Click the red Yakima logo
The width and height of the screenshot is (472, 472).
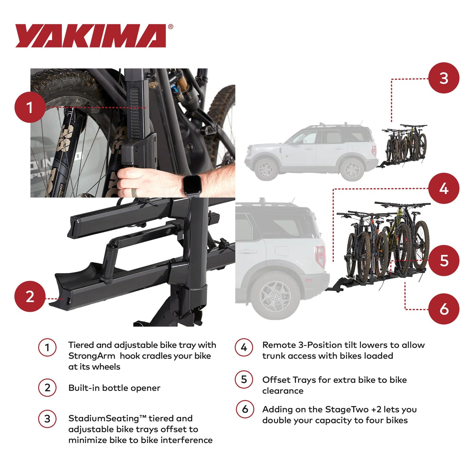[x=90, y=36]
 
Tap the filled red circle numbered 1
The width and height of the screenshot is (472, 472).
[x=30, y=107]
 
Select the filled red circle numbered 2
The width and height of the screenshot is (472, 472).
[x=30, y=296]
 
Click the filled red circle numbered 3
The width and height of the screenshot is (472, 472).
[x=444, y=78]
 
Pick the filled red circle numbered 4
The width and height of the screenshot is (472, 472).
[x=444, y=188]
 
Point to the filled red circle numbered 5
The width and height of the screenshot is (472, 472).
[x=444, y=260]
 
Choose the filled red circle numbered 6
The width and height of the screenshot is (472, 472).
[x=444, y=309]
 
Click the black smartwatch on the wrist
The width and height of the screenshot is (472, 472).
[x=191, y=185]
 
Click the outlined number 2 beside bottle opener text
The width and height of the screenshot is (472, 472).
[x=47, y=388]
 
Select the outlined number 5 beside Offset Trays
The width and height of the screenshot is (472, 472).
[x=244, y=380]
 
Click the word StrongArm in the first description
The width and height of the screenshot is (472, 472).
[x=91, y=356]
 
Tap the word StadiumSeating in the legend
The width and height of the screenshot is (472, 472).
[x=103, y=418]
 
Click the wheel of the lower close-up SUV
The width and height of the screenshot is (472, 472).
[x=275, y=296]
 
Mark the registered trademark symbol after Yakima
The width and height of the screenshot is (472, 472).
[x=171, y=27]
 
